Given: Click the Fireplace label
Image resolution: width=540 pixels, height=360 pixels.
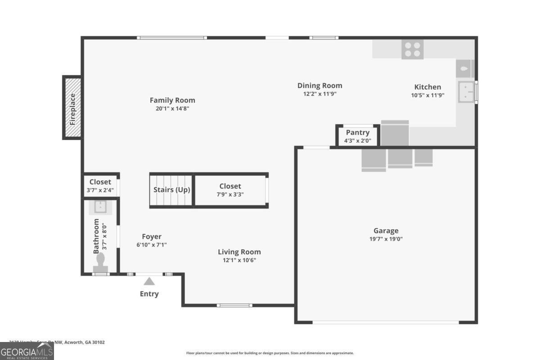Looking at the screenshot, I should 72,108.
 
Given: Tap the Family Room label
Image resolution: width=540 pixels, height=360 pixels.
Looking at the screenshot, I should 172,100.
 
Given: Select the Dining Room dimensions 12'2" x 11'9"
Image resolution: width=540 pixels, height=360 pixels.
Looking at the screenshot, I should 319,94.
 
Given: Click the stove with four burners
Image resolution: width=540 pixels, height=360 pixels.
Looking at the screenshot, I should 413,49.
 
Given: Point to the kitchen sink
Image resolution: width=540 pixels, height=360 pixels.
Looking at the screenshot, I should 466,92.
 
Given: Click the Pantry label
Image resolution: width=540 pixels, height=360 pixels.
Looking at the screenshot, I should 358,132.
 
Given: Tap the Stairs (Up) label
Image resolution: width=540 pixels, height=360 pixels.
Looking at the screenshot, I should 171,190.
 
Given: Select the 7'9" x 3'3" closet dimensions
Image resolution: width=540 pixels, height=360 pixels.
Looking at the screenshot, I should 230,194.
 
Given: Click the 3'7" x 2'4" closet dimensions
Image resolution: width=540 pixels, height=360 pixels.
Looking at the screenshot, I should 100,190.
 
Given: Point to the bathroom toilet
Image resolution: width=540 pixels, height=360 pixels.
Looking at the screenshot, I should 100,261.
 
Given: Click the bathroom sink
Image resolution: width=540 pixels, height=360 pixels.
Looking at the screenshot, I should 100,207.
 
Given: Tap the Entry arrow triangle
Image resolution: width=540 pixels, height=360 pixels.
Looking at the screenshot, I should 149,281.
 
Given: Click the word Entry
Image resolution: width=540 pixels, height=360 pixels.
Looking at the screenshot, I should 149,294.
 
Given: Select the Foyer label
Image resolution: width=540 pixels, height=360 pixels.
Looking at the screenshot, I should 152,237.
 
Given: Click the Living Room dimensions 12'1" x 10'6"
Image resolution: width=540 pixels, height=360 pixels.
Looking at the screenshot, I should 239,260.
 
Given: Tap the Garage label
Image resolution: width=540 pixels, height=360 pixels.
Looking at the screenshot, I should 386,231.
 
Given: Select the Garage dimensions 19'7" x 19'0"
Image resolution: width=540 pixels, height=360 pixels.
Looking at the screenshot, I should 386,239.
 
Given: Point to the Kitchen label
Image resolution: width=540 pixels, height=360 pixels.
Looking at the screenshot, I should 427,87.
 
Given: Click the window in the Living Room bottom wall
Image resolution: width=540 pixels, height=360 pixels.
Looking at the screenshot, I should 234,306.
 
